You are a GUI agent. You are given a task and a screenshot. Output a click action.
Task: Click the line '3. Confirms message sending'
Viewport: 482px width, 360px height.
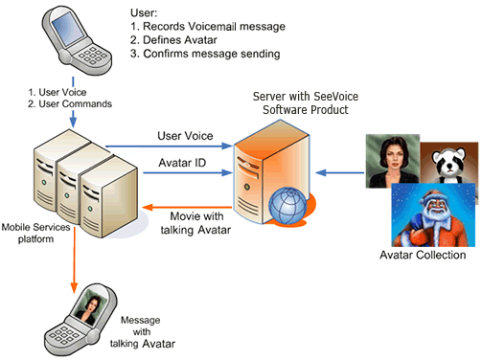tap(204, 54)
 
